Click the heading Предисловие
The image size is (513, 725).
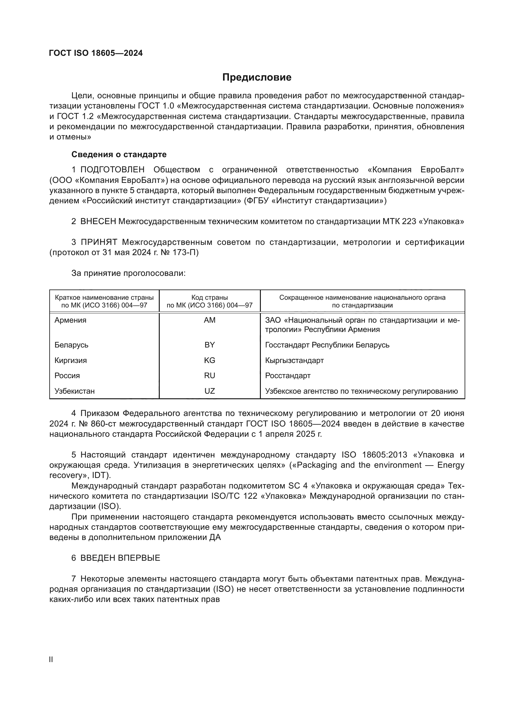tap(256, 77)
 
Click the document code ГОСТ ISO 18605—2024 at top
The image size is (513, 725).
tap(96, 53)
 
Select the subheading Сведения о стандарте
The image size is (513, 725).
tap(119, 154)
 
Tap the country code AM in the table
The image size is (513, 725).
tap(209, 320)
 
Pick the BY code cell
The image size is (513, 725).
tap(209, 345)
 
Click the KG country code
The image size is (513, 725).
tap(209, 360)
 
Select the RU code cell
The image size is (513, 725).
tap(209, 375)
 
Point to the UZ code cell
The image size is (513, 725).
tap(209, 391)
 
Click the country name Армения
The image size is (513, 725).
tap(70, 320)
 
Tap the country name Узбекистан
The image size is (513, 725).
tap(74, 391)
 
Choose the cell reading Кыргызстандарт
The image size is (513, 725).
tap(294, 360)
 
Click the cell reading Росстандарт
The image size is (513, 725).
tap(288, 375)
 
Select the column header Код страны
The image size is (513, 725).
tap(209, 298)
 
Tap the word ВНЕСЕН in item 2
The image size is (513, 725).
tap(98, 221)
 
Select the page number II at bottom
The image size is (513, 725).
tap(51, 659)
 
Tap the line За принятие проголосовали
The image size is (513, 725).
tap(128, 273)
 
